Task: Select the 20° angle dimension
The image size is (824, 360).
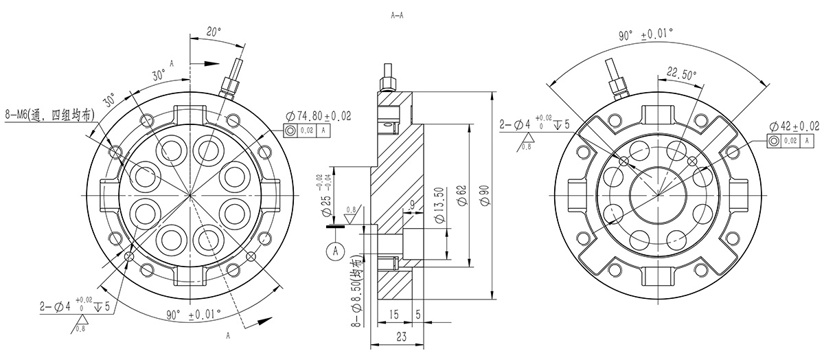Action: point(214,31)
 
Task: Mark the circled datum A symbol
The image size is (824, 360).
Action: point(336,251)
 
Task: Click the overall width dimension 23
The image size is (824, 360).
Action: point(400,336)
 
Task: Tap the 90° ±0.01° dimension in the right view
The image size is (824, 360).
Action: point(645,35)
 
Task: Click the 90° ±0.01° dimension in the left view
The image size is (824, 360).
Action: point(194,314)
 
